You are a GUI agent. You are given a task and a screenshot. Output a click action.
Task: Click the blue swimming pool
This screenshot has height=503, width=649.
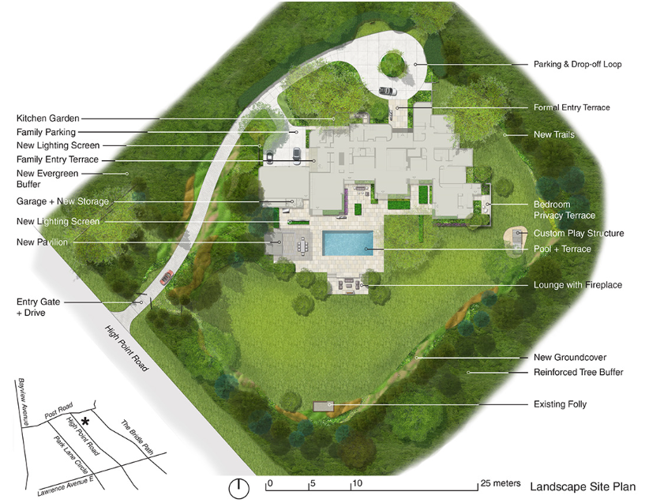click(x=347, y=243)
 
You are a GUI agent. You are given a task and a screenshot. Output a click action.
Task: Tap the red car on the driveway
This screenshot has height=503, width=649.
click(x=167, y=277)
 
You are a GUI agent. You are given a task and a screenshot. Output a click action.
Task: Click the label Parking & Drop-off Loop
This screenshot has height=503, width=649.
click(x=577, y=64)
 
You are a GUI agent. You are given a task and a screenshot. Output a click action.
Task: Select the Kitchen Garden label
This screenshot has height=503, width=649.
click(x=47, y=118)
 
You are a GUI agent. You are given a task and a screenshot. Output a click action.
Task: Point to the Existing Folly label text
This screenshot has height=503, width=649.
click(x=560, y=404)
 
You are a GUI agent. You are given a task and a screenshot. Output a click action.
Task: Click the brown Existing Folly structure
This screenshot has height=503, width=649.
click(x=323, y=406)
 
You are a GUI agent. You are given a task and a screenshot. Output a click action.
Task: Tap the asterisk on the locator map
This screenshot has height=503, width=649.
click(x=85, y=422)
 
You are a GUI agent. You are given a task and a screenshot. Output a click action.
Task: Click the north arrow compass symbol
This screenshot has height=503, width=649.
click(x=238, y=489)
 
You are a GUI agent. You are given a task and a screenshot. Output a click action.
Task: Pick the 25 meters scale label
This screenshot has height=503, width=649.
click(x=501, y=483)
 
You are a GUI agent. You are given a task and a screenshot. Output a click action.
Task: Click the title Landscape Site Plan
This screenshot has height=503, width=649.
click(x=583, y=486)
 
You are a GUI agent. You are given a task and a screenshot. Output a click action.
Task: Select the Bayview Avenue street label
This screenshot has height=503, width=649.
click(x=23, y=402)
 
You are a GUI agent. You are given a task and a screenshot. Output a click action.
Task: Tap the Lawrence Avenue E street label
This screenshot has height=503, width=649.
click(x=66, y=486)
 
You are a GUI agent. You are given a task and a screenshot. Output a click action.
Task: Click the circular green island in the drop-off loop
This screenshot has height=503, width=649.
click(x=392, y=63)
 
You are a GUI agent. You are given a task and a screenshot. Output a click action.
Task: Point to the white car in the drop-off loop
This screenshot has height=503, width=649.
click(x=388, y=91)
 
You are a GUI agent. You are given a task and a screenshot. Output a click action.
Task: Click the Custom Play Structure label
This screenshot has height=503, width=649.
click(x=579, y=233)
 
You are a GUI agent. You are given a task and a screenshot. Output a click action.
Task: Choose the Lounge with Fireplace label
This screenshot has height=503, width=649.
click(x=578, y=285)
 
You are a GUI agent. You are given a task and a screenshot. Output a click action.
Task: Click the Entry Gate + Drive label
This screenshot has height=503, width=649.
click(x=38, y=307)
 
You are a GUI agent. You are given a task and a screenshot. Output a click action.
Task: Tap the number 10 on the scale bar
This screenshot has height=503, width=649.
click(x=358, y=483)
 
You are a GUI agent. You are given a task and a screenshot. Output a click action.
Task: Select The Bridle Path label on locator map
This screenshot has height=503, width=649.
click(x=137, y=437)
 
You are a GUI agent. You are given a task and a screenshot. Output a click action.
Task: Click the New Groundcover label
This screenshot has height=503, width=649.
click(x=570, y=357)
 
